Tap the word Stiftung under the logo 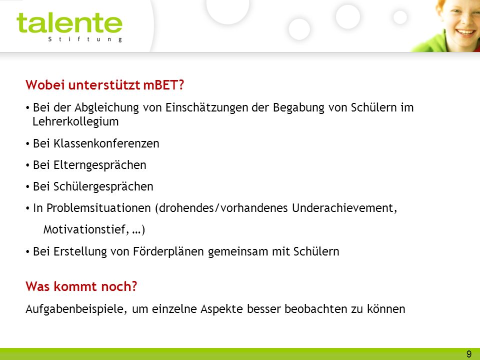(85, 39)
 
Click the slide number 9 (469, 354)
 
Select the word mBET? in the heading (163, 85)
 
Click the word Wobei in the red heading (45, 85)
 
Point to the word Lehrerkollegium (75, 121)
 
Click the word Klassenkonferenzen (106, 143)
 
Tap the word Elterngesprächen (100, 165)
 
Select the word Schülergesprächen (103, 186)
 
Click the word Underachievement (344, 208)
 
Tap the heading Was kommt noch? (81, 286)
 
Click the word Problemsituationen (98, 208)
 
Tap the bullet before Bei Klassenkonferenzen (27, 143)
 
